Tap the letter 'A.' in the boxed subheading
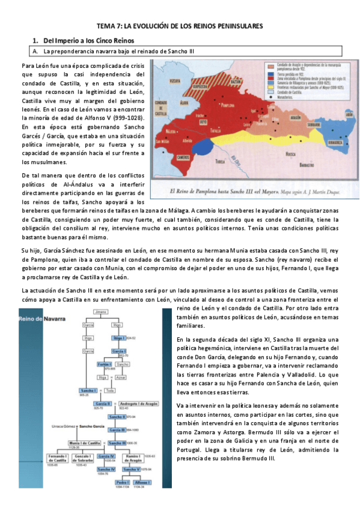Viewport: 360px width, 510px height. [35, 52]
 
